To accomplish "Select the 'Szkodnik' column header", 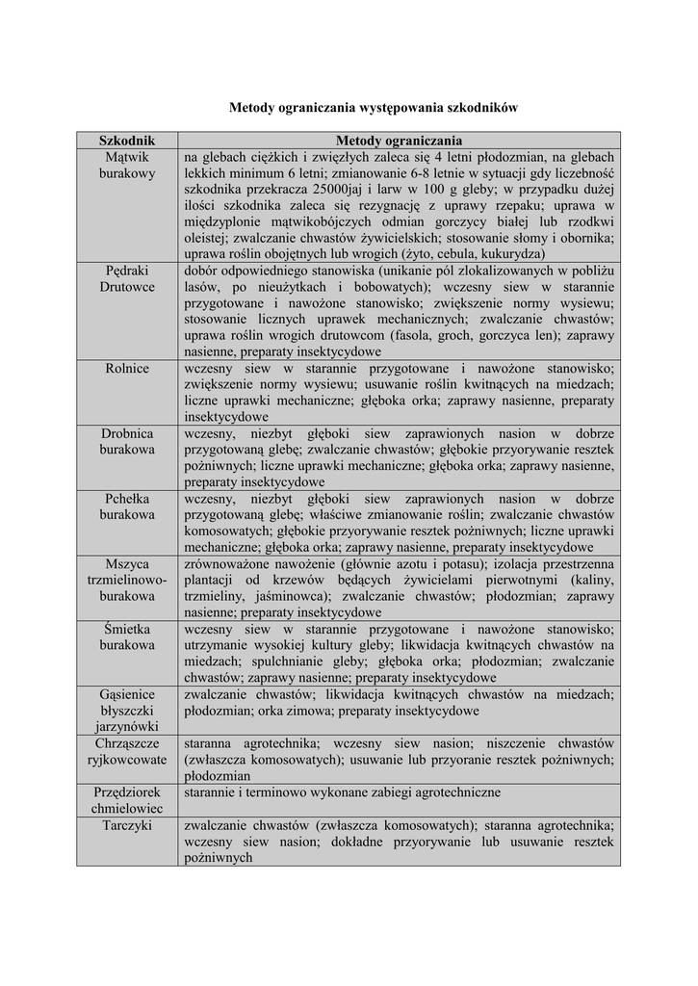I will pos(127,141).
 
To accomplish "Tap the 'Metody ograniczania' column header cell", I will pos(399,141).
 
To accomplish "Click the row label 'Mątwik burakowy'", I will pos(127,166).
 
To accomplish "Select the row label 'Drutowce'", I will pos(127,287).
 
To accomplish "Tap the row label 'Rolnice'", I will pos(127,369).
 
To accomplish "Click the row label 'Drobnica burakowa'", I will pos(127,442).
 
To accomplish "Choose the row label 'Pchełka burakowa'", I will pos(127,506).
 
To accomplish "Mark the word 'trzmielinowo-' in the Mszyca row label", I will pos(127,581).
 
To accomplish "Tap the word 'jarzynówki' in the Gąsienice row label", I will pos(127,726).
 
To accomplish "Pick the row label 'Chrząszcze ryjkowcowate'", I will pos(127,751).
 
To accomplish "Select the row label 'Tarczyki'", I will pos(127,825).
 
